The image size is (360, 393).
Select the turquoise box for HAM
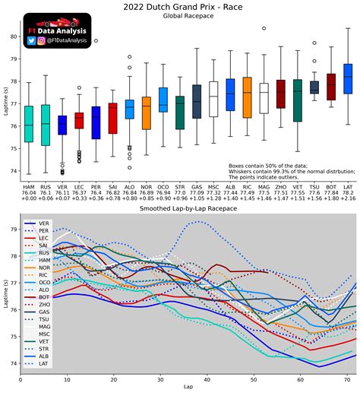click(x=29, y=123)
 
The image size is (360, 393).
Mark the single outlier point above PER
click(x=96, y=40)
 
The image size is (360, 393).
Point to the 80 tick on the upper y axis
click(x=14, y=36)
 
